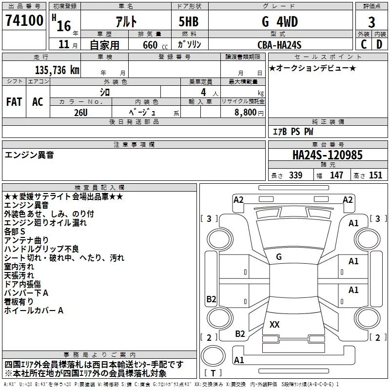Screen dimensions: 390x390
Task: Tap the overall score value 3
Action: tap(371, 22)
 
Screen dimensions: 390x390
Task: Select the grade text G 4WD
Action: tap(279, 22)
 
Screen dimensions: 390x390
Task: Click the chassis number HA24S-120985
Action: tap(327, 155)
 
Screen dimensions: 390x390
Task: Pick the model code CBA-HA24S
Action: tap(279, 45)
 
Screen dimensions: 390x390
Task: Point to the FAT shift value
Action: tap(14, 101)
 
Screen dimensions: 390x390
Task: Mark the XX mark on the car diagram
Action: tap(274, 324)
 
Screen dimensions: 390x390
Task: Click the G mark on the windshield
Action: tap(278, 256)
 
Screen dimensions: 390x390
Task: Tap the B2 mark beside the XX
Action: tap(240, 333)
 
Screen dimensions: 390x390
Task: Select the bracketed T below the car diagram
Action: tap(213, 373)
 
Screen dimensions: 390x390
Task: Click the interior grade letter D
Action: tap(379, 45)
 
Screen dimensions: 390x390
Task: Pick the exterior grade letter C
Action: tap(363, 45)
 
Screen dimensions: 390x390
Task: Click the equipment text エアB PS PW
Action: tap(293, 132)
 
